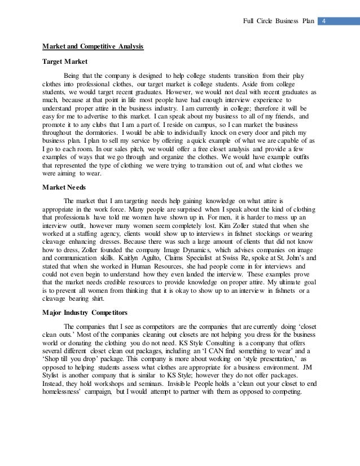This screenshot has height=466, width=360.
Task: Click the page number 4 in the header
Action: (x=326, y=22)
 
